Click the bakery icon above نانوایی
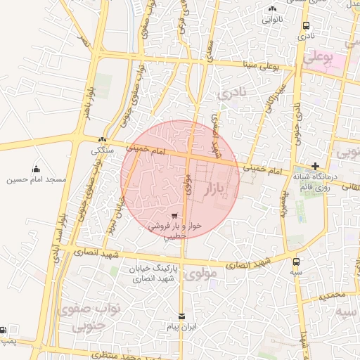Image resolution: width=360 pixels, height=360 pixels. coord(272,8)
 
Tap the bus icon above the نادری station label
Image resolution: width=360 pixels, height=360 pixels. coord(304,25)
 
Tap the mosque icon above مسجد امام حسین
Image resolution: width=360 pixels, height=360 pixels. coord(36,169)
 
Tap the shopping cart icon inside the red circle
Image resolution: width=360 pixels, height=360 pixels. coord(174,215)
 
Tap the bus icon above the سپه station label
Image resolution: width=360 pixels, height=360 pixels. coord(297,262)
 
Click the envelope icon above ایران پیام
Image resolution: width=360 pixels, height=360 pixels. coord(182,316)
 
